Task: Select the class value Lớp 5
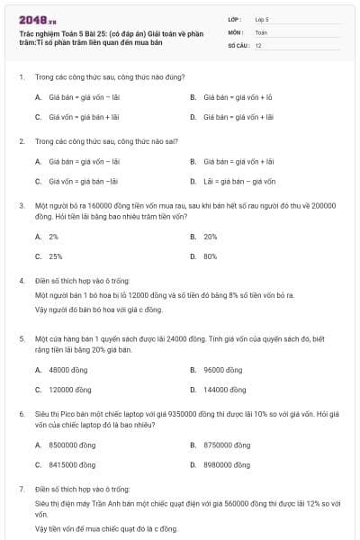[x=262, y=18]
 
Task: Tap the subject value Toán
[x=261, y=31]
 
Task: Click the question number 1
[x=21, y=78]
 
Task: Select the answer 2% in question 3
[x=54, y=237]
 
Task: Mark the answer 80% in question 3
[x=210, y=256]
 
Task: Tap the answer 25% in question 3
[x=56, y=256]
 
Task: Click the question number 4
[x=21, y=281]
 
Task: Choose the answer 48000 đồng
[x=68, y=370]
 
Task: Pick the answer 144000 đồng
[x=225, y=390]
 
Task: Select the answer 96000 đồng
[x=223, y=370]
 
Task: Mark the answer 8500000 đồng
[x=72, y=445]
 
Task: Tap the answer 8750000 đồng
[x=227, y=445]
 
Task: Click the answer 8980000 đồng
[x=227, y=464]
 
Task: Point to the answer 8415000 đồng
[x=72, y=464]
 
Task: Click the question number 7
[x=21, y=489]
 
